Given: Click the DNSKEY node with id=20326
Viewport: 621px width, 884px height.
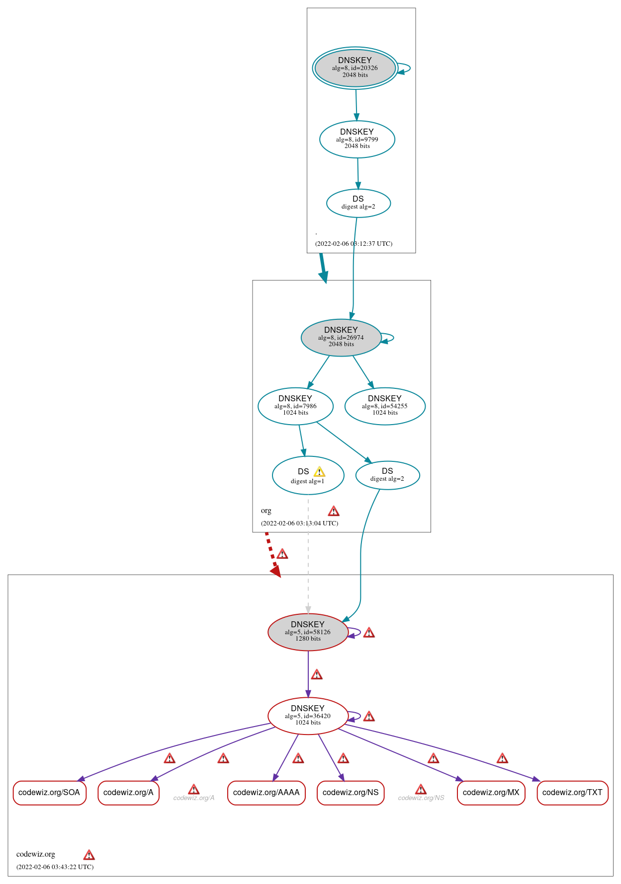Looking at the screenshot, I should coord(355,68).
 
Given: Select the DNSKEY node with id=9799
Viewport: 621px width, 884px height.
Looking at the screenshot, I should coord(357,140).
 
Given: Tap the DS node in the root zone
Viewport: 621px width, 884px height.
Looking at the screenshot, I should coord(358,203).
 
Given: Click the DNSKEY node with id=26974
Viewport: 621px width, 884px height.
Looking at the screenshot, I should coord(341,338).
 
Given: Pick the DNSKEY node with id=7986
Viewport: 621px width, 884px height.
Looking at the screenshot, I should coord(295,406).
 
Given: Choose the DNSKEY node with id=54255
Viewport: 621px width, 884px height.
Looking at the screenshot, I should coord(385,406).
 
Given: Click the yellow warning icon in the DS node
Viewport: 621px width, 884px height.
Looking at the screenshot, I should coord(319,472).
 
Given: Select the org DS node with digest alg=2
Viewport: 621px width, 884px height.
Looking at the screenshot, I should coord(387,475).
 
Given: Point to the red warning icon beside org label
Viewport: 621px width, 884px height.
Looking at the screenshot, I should coord(334,511).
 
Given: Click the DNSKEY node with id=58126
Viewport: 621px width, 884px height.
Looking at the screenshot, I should coord(308,632).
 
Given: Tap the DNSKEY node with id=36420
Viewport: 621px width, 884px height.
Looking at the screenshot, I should coord(308,716).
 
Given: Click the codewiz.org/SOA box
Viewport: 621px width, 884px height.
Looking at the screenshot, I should coord(49,793).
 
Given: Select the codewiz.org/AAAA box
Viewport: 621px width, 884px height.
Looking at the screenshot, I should coord(266,793).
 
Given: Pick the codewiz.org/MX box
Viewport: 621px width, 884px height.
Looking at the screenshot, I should coord(491,793).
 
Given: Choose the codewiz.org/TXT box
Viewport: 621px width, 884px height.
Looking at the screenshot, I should coord(572,793).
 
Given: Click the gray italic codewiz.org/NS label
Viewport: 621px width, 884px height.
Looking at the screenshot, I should coord(421,798).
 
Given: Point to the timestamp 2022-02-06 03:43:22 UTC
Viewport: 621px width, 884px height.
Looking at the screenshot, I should coord(55,867).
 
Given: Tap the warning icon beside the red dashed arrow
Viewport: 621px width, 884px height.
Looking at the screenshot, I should coord(282,554).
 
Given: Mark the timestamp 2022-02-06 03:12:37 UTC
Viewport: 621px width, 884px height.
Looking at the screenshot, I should coord(354,244).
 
